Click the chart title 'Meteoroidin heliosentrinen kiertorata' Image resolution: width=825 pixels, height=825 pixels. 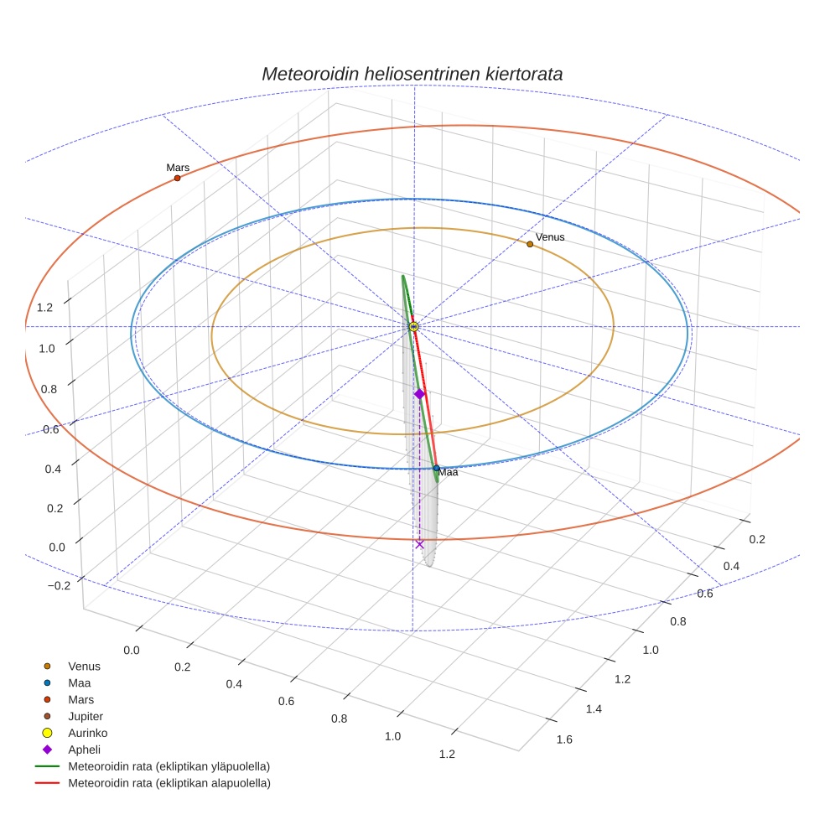412,74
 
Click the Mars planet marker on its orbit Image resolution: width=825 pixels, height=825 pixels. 178,178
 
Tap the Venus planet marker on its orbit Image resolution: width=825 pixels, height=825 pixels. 530,244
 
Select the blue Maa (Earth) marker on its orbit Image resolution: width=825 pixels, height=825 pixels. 437,468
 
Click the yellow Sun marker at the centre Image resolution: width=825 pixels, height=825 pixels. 413,326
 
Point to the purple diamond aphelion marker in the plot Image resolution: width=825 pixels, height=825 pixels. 420,393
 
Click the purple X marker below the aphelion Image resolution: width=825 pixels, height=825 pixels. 420,544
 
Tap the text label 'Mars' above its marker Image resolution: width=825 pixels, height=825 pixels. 178,168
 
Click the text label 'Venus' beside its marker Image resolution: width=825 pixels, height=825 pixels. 550,237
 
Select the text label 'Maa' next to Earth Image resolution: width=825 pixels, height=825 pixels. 449,473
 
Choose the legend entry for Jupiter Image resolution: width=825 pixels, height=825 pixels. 85,716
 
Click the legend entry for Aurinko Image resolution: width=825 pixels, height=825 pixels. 87,733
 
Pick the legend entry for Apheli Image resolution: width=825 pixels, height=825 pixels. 84,750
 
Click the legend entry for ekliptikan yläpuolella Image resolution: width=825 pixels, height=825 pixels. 169,766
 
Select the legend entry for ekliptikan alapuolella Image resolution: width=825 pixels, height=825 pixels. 169,783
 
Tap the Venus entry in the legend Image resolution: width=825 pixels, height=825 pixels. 84,666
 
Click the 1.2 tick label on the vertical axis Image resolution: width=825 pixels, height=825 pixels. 45,308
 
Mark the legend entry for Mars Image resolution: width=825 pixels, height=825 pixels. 81,699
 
